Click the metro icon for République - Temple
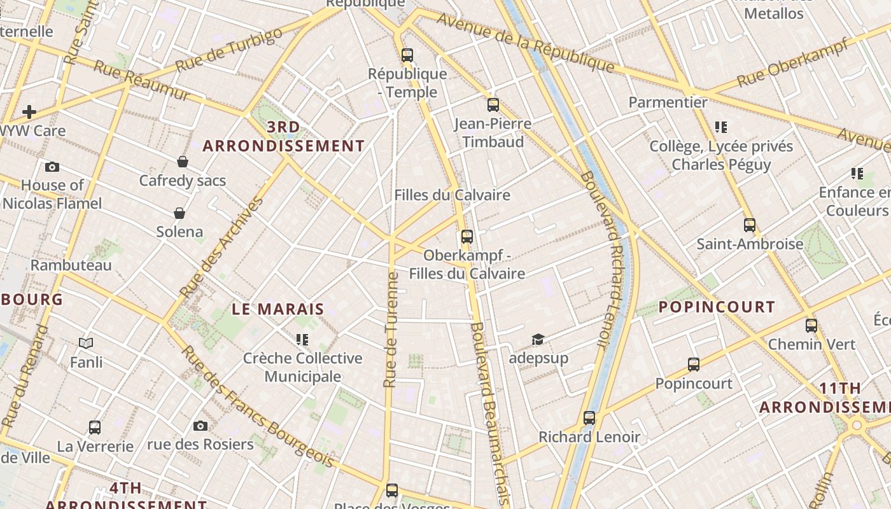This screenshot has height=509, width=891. pyautogui.click(x=407, y=55)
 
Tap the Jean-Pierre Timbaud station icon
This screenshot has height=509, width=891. pyautogui.click(x=493, y=105)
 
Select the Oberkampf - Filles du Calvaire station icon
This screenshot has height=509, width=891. pyautogui.click(x=467, y=237)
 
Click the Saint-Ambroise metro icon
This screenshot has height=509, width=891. pyautogui.click(x=750, y=225)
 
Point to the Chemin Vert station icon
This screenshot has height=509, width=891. pyautogui.click(x=811, y=326)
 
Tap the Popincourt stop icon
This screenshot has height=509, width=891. pyautogui.click(x=694, y=365)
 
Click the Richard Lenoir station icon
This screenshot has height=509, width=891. pyautogui.click(x=589, y=418)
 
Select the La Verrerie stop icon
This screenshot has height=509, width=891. pyautogui.click(x=95, y=428)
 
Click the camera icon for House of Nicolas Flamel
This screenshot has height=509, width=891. pyautogui.click(x=52, y=167)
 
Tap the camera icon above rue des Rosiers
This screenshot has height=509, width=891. pyautogui.click(x=200, y=426)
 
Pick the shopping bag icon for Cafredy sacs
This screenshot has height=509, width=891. pyautogui.click(x=183, y=162)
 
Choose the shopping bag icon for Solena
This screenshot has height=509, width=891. pyautogui.click(x=179, y=213)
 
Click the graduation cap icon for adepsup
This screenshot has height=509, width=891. pyautogui.click(x=538, y=339)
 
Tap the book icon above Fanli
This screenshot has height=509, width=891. pyautogui.click(x=86, y=344)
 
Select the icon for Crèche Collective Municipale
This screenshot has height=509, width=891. pyautogui.click(x=302, y=340)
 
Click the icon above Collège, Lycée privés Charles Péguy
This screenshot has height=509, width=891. pyautogui.click(x=720, y=127)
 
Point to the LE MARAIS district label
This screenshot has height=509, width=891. pyautogui.click(x=278, y=310)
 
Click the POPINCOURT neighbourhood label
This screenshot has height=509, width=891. pyautogui.click(x=717, y=307)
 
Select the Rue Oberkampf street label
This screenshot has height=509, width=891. pyautogui.click(x=792, y=62)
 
